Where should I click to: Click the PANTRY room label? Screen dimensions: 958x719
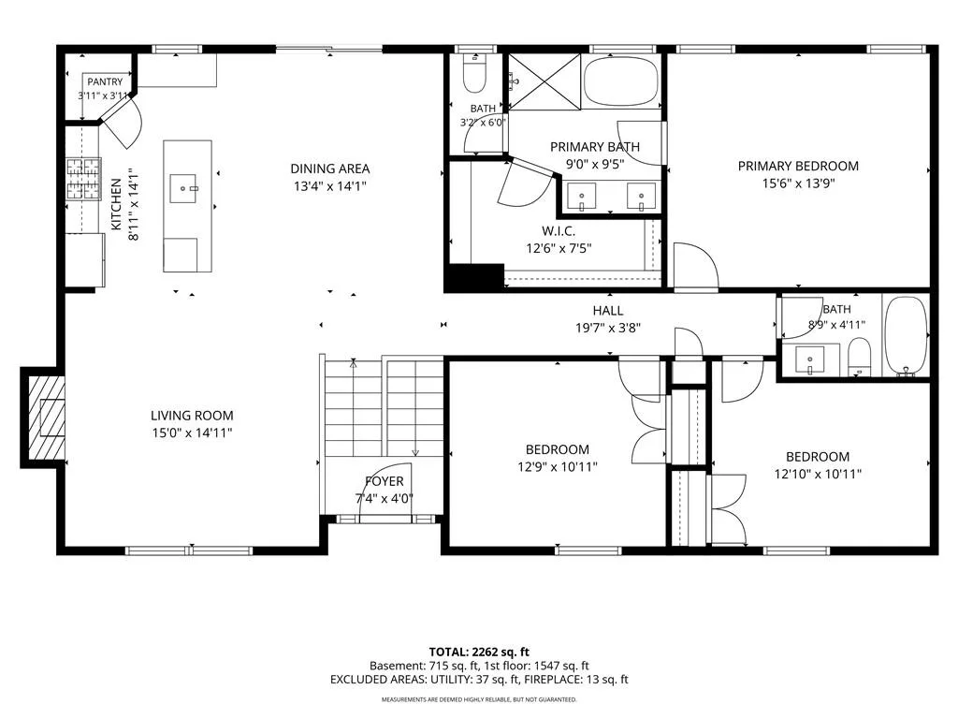[105, 81]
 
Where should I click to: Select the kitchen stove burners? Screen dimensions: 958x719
[83, 179]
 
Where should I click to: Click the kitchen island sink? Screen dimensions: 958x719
[183, 188]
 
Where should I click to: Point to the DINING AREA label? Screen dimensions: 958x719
[330, 169]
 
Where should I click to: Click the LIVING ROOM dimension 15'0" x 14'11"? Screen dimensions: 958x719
[193, 433]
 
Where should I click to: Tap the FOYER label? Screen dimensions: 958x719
[385, 481]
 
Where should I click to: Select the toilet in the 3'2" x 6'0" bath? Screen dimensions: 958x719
[474, 72]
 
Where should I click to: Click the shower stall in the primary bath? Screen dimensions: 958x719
[544, 82]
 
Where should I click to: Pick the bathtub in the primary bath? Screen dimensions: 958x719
[621, 82]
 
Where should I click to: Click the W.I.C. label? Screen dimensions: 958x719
[559, 231]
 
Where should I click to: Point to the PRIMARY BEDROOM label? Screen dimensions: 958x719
[799, 166]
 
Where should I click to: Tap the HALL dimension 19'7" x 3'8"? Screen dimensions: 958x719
[608, 328]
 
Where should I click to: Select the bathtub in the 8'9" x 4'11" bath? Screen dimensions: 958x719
[907, 335]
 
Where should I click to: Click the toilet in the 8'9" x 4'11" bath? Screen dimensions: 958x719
[859, 357]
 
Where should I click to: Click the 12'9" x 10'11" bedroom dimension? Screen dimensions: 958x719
[558, 467]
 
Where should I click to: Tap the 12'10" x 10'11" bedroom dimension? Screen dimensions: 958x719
[818, 474]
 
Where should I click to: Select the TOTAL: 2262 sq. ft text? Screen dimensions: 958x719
[479, 652]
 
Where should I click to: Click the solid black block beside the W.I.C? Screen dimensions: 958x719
[474, 277]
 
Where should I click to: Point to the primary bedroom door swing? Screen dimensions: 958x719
[696, 265]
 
